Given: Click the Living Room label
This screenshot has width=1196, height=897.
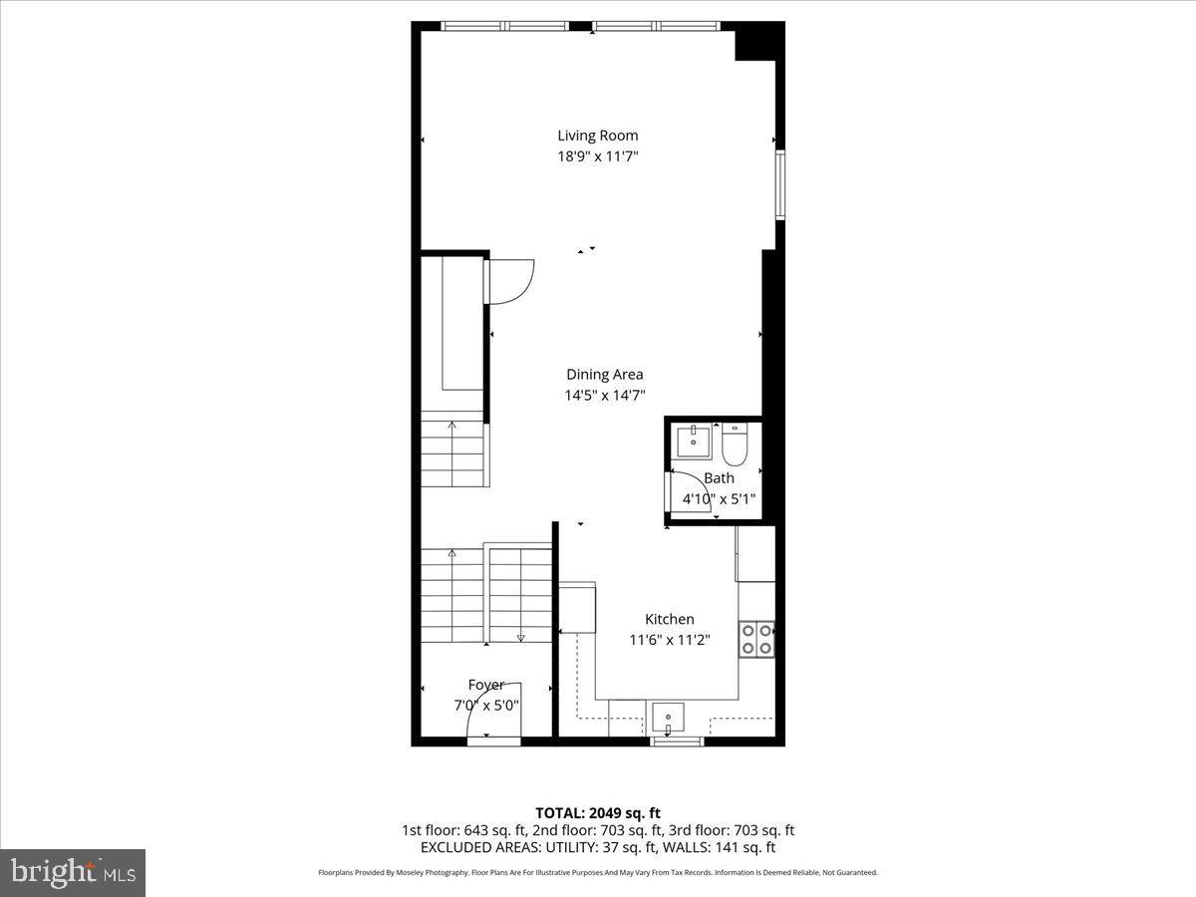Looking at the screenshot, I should tap(597, 136).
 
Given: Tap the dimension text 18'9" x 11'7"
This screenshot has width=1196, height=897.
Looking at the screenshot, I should tap(597, 156).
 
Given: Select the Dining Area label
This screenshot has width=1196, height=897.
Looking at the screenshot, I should tap(604, 375).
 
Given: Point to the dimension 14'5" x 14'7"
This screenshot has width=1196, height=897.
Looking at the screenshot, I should tap(604, 396).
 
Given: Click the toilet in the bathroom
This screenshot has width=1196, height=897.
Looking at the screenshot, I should tap(735, 446).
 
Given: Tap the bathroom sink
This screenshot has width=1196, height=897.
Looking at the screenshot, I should tap(693, 439).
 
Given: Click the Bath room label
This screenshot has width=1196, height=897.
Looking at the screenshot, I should tap(719, 478).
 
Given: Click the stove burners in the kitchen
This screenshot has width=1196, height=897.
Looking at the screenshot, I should tap(756, 639).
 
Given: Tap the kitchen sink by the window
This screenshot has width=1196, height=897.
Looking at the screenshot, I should tap(666, 717).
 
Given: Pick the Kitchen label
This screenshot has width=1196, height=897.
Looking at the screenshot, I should tap(669, 620).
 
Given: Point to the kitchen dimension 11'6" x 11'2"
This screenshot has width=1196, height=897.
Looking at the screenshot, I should tap(669, 641).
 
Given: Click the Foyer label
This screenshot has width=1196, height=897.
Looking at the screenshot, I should tap(486, 685).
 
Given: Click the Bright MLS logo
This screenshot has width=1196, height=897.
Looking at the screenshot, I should tap(73, 873).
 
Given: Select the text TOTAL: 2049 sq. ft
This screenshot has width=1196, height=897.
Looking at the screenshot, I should tap(597, 813).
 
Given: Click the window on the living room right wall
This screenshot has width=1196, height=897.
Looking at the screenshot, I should tap(780, 184).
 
